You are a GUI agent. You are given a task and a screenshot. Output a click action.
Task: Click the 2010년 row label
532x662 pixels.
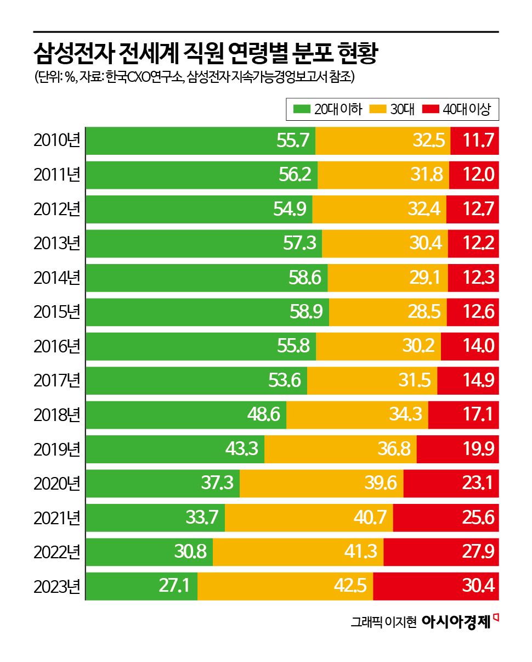click(56, 141)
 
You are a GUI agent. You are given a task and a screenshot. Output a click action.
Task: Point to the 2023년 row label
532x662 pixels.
click(56, 586)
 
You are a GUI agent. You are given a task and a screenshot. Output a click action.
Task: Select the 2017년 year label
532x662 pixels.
click(56, 380)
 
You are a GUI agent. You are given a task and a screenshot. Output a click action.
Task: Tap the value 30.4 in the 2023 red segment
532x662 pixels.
click(479, 586)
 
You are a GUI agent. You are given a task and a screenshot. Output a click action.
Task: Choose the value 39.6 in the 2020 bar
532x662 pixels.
click(380, 483)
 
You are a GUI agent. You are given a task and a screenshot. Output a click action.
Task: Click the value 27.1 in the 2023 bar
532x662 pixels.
click(174, 586)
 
